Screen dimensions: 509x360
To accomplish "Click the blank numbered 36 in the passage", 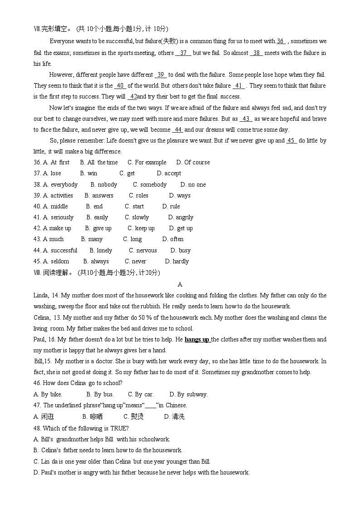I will point(281,41).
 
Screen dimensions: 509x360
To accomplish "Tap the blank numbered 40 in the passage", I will point(120,85).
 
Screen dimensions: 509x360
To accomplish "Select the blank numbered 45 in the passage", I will point(291,140).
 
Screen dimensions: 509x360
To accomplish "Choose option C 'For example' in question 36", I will point(147,162).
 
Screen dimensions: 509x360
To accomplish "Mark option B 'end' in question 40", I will point(94,206).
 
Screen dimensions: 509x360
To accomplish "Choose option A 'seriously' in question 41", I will point(58,217).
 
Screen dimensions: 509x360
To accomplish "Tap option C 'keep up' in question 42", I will point(141,228).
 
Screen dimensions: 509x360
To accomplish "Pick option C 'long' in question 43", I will point(133,239).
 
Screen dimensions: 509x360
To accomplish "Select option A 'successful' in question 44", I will point(60,250).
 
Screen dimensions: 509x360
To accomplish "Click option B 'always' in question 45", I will point(96,261).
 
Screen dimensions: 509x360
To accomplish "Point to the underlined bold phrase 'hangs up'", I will point(197,339).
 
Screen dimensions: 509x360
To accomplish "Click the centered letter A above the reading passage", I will point(180,284).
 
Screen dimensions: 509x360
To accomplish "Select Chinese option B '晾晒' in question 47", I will point(93,416).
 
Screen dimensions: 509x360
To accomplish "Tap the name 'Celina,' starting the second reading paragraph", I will point(43,317).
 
